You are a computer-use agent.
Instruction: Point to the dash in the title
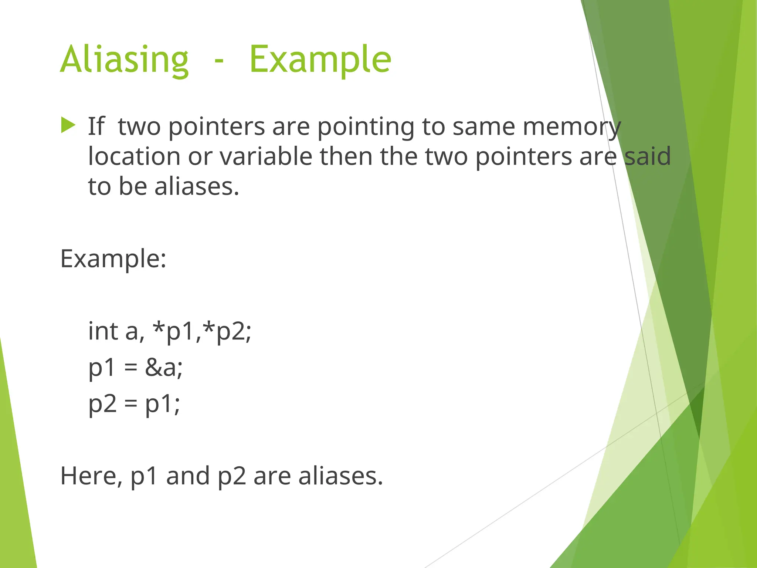[219, 61]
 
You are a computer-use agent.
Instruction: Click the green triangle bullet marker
[68, 125]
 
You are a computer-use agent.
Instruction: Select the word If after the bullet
[96, 126]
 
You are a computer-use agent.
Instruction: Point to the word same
[484, 127]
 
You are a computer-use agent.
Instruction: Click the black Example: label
[113, 259]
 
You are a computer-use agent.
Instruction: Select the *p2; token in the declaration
[228, 332]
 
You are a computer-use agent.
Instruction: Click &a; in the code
[164, 368]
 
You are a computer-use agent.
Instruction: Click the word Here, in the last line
[91, 476]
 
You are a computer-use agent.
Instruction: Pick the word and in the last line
[188, 476]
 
